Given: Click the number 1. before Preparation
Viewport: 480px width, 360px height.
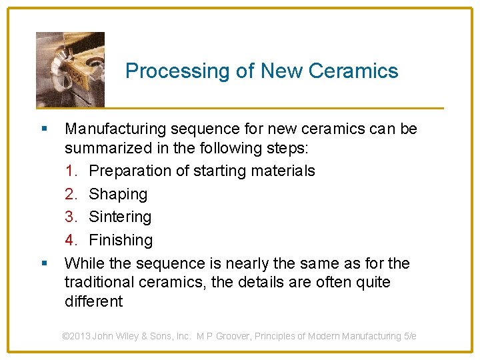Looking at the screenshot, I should pyautogui.click(x=73, y=171).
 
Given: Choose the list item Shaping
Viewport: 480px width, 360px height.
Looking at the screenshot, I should pyautogui.click(x=118, y=194).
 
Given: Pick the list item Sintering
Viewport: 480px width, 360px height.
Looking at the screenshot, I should pyautogui.click(x=120, y=217).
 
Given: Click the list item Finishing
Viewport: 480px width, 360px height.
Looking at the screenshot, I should pyautogui.click(x=121, y=239).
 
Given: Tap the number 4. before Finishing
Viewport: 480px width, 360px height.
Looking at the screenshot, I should pyautogui.click(x=73, y=239).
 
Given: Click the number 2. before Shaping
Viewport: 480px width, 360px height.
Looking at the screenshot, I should pyautogui.click(x=73, y=194).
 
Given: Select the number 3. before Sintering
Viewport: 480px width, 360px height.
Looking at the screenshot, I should pyautogui.click(x=73, y=217).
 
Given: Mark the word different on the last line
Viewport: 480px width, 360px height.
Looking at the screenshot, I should pyautogui.click(x=93, y=301).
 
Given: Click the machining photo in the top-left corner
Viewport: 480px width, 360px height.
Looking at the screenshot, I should pyautogui.click(x=70, y=69).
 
